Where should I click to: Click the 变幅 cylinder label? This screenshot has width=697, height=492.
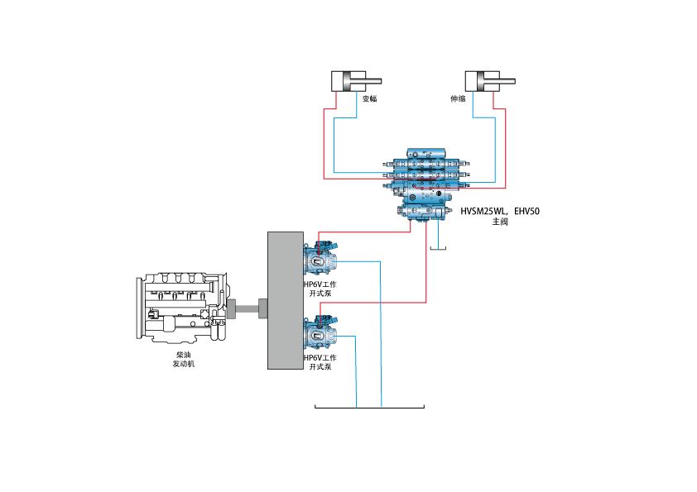tap(370, 98)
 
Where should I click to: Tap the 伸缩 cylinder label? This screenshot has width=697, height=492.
tap(457, 98)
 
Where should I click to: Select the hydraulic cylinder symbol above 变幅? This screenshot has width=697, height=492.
tap(349, 81)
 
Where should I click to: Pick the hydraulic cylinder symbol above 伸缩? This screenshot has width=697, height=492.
tap(482, 81)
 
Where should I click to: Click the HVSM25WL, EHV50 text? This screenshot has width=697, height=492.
tap(500, 212)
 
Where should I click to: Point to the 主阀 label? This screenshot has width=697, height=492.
tap(500, 222)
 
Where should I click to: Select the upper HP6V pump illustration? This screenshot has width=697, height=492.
tap(321, 258)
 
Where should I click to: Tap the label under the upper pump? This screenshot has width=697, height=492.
tap(320, 289)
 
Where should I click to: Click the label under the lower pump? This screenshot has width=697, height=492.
tap(320, 362)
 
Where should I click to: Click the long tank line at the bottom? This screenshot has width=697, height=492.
tap(370, 408)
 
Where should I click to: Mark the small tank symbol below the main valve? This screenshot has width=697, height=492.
tap(438, 248)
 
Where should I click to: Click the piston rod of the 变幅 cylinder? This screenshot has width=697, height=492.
tap(375, 81)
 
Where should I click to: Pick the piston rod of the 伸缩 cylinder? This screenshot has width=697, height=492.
tap(507, 81)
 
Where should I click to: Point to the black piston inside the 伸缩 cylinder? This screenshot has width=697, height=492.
tap(481, 81)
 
